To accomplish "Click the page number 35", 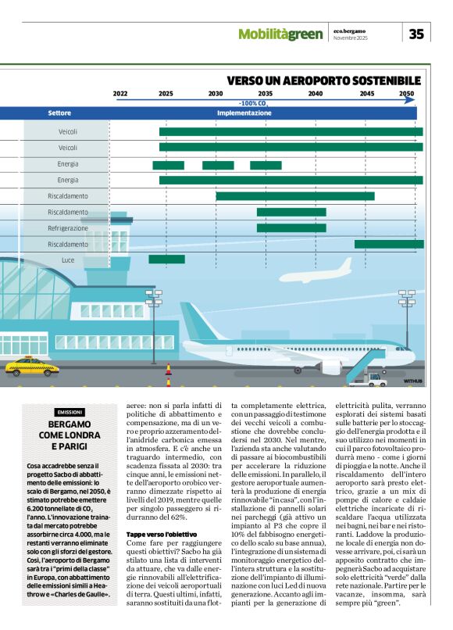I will click(416, 34).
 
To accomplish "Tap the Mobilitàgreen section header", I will click(280, 34).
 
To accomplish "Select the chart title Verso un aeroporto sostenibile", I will click(324, 81).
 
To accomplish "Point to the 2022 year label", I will click(120, 94).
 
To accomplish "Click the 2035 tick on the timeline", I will click(265, 94).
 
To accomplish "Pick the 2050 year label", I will click(407, 94).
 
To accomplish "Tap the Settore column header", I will click(59, 113).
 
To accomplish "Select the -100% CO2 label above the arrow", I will click(254, 103).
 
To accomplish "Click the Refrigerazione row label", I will click(68, 228).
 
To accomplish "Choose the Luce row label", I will click(68, 260).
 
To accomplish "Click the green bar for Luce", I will click(167, 260).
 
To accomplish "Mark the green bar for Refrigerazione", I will click(291, 228).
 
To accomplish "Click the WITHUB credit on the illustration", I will click(412, 381).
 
